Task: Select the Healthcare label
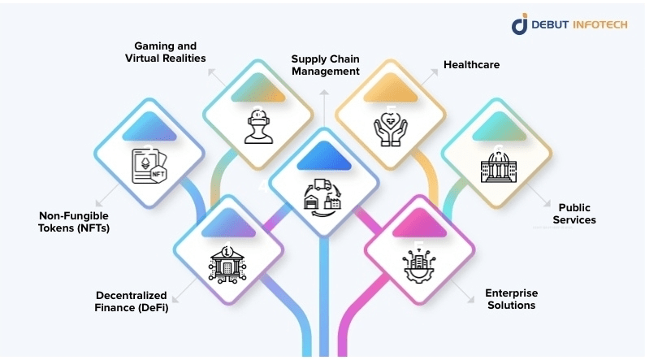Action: [470, 64]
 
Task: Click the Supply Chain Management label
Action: [325, 65]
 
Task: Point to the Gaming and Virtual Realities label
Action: [165, 52]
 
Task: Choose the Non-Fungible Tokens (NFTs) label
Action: [74, 222]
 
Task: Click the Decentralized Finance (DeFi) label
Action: [131, 301]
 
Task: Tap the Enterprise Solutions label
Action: [511, 299]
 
